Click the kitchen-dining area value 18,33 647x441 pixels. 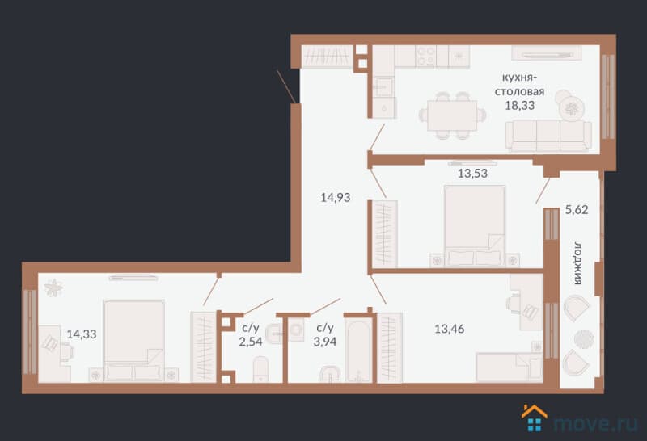click(519, 106)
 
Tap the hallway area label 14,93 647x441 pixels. click(336, 198)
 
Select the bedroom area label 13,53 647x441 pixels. click(472, 174)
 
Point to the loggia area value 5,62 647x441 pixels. click(577, 210)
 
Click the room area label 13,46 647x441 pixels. click(450, 329)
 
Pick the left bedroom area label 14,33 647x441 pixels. click(82, 334)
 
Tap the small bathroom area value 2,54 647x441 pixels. click(251, 342)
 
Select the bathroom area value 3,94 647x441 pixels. click(325, 342)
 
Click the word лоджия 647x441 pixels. click(577, 264)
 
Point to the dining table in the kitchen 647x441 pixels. click(452, 115)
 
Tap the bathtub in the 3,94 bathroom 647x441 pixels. click(359, 351)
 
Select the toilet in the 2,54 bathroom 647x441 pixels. click(260, 369)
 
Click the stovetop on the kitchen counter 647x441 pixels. click(426, 56)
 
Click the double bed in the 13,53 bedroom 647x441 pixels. click(475, 226)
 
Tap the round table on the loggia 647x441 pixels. click(583, 338)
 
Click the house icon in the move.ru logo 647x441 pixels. click(535, 418)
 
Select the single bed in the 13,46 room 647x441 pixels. click(510, 367)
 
